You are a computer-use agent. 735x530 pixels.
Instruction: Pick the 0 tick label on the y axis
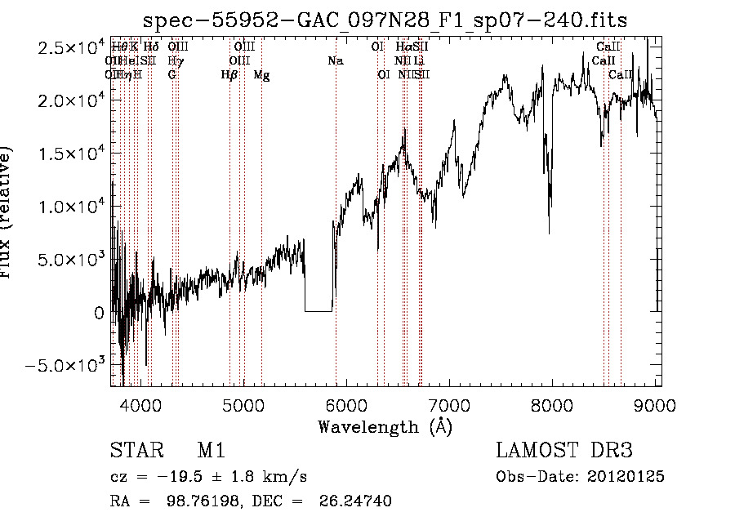(99, 312)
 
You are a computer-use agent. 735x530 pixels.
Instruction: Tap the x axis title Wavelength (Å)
(385, 426)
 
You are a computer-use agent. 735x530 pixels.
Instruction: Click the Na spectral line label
(335, 60)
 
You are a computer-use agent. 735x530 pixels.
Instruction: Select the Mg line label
(261, 74)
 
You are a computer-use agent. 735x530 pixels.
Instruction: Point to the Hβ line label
(229, 74)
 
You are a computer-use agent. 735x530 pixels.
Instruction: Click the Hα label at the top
(403, 47)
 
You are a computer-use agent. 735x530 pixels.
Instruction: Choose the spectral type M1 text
(211, 451)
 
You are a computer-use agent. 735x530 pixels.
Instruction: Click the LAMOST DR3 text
(563, 451)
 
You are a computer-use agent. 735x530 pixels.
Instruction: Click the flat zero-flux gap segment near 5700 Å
(318, 311)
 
